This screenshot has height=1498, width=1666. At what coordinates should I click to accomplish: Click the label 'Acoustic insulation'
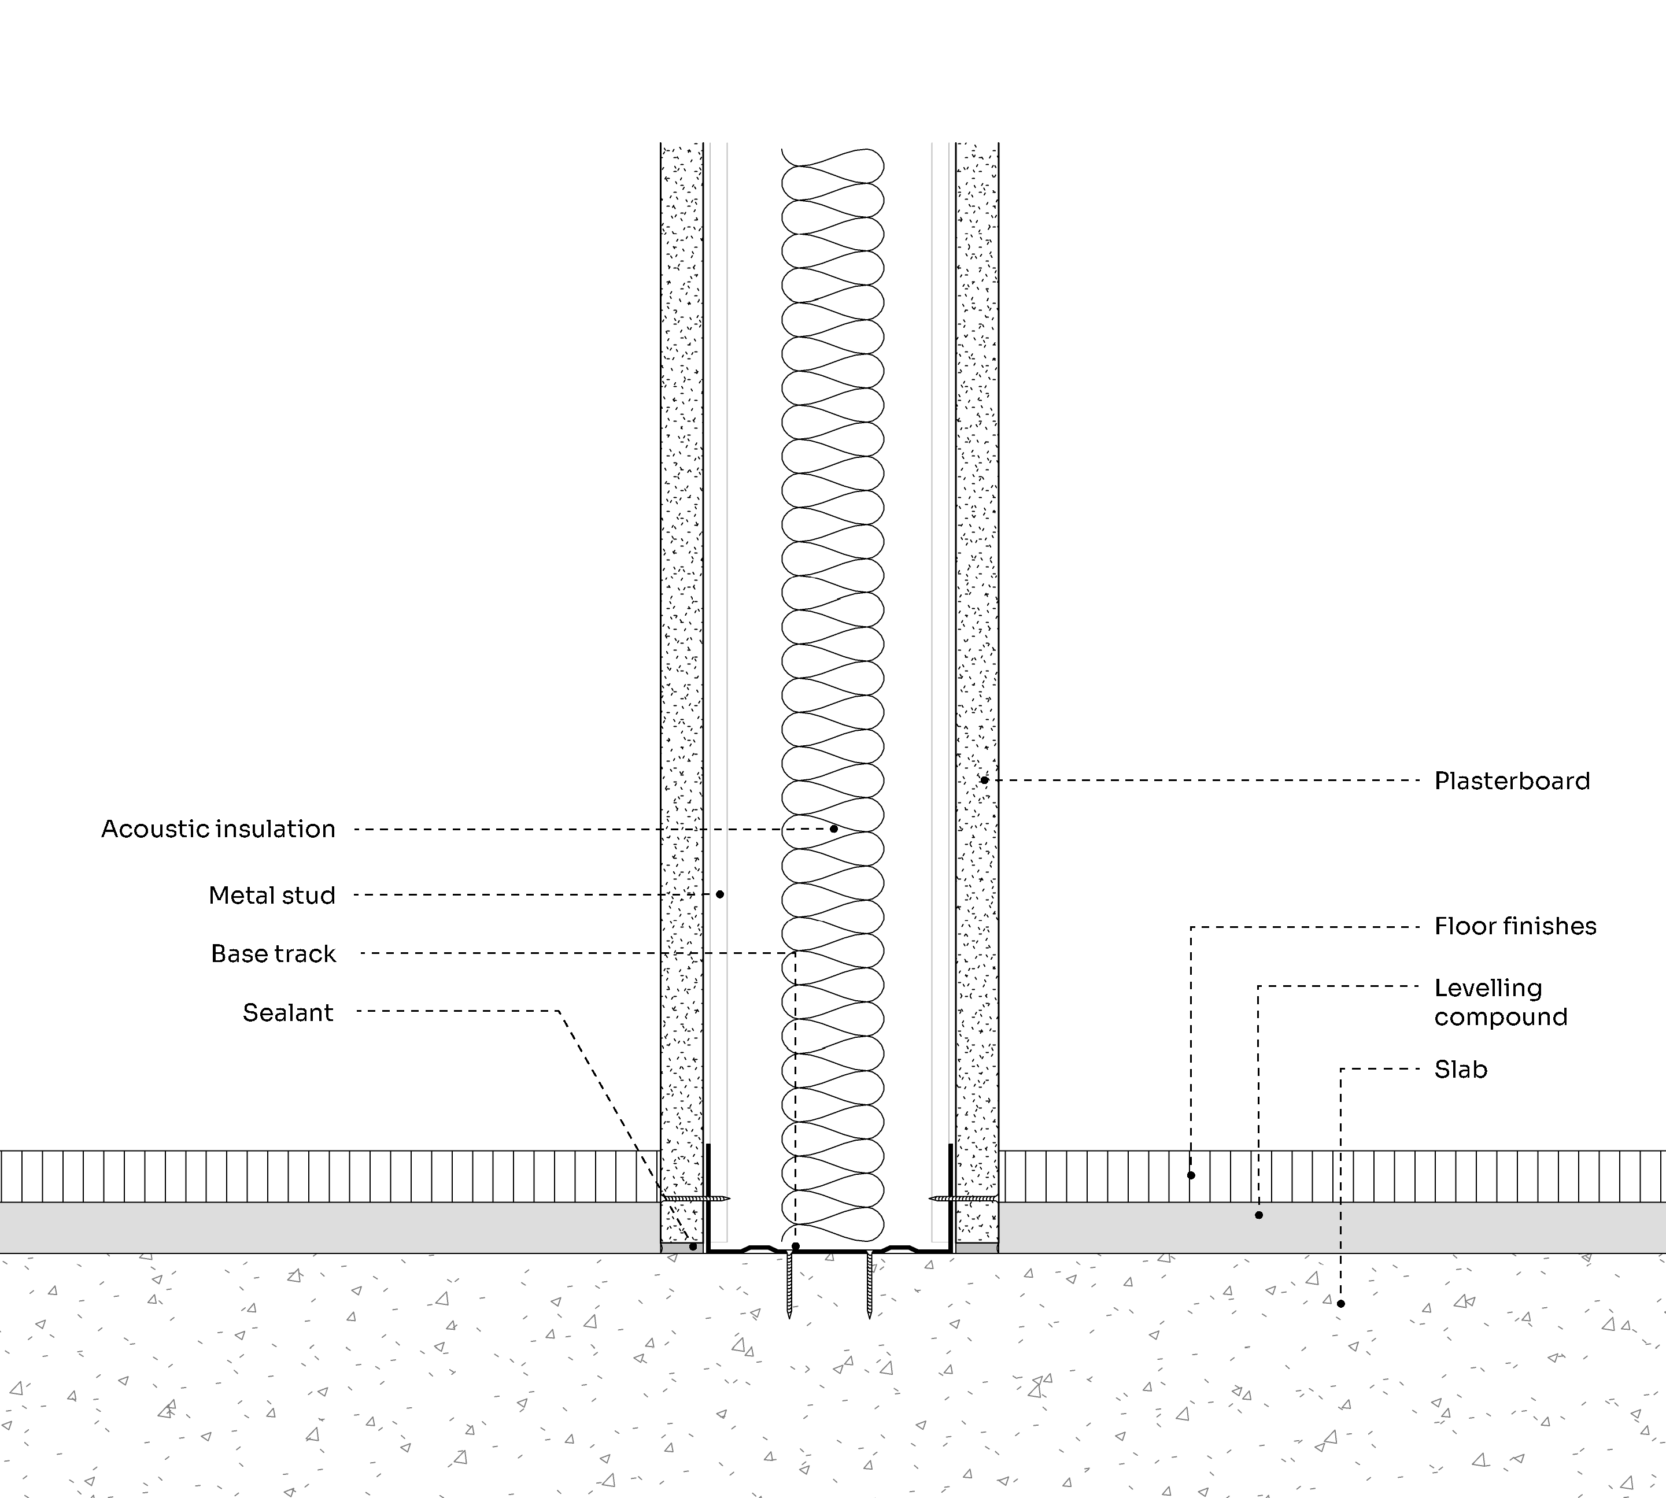pos(218,829)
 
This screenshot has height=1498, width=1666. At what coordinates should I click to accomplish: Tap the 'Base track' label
pos(274,954)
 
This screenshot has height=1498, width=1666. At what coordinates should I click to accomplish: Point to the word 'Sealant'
pos(288,1012)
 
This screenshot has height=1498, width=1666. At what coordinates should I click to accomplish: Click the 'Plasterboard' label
pos(1512,781)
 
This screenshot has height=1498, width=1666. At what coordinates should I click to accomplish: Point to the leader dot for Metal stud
pos(720,894)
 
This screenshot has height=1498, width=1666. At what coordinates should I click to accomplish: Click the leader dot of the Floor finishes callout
pos(1191,1175)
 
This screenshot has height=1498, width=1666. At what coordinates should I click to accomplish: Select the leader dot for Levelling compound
pos(1258,1215)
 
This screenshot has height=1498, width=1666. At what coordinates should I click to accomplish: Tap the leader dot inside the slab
pos(1341,1304)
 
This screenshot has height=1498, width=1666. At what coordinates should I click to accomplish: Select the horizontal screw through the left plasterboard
pos(696,1199)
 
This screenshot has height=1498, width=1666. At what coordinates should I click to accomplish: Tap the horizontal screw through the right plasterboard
pos(964,1199)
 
